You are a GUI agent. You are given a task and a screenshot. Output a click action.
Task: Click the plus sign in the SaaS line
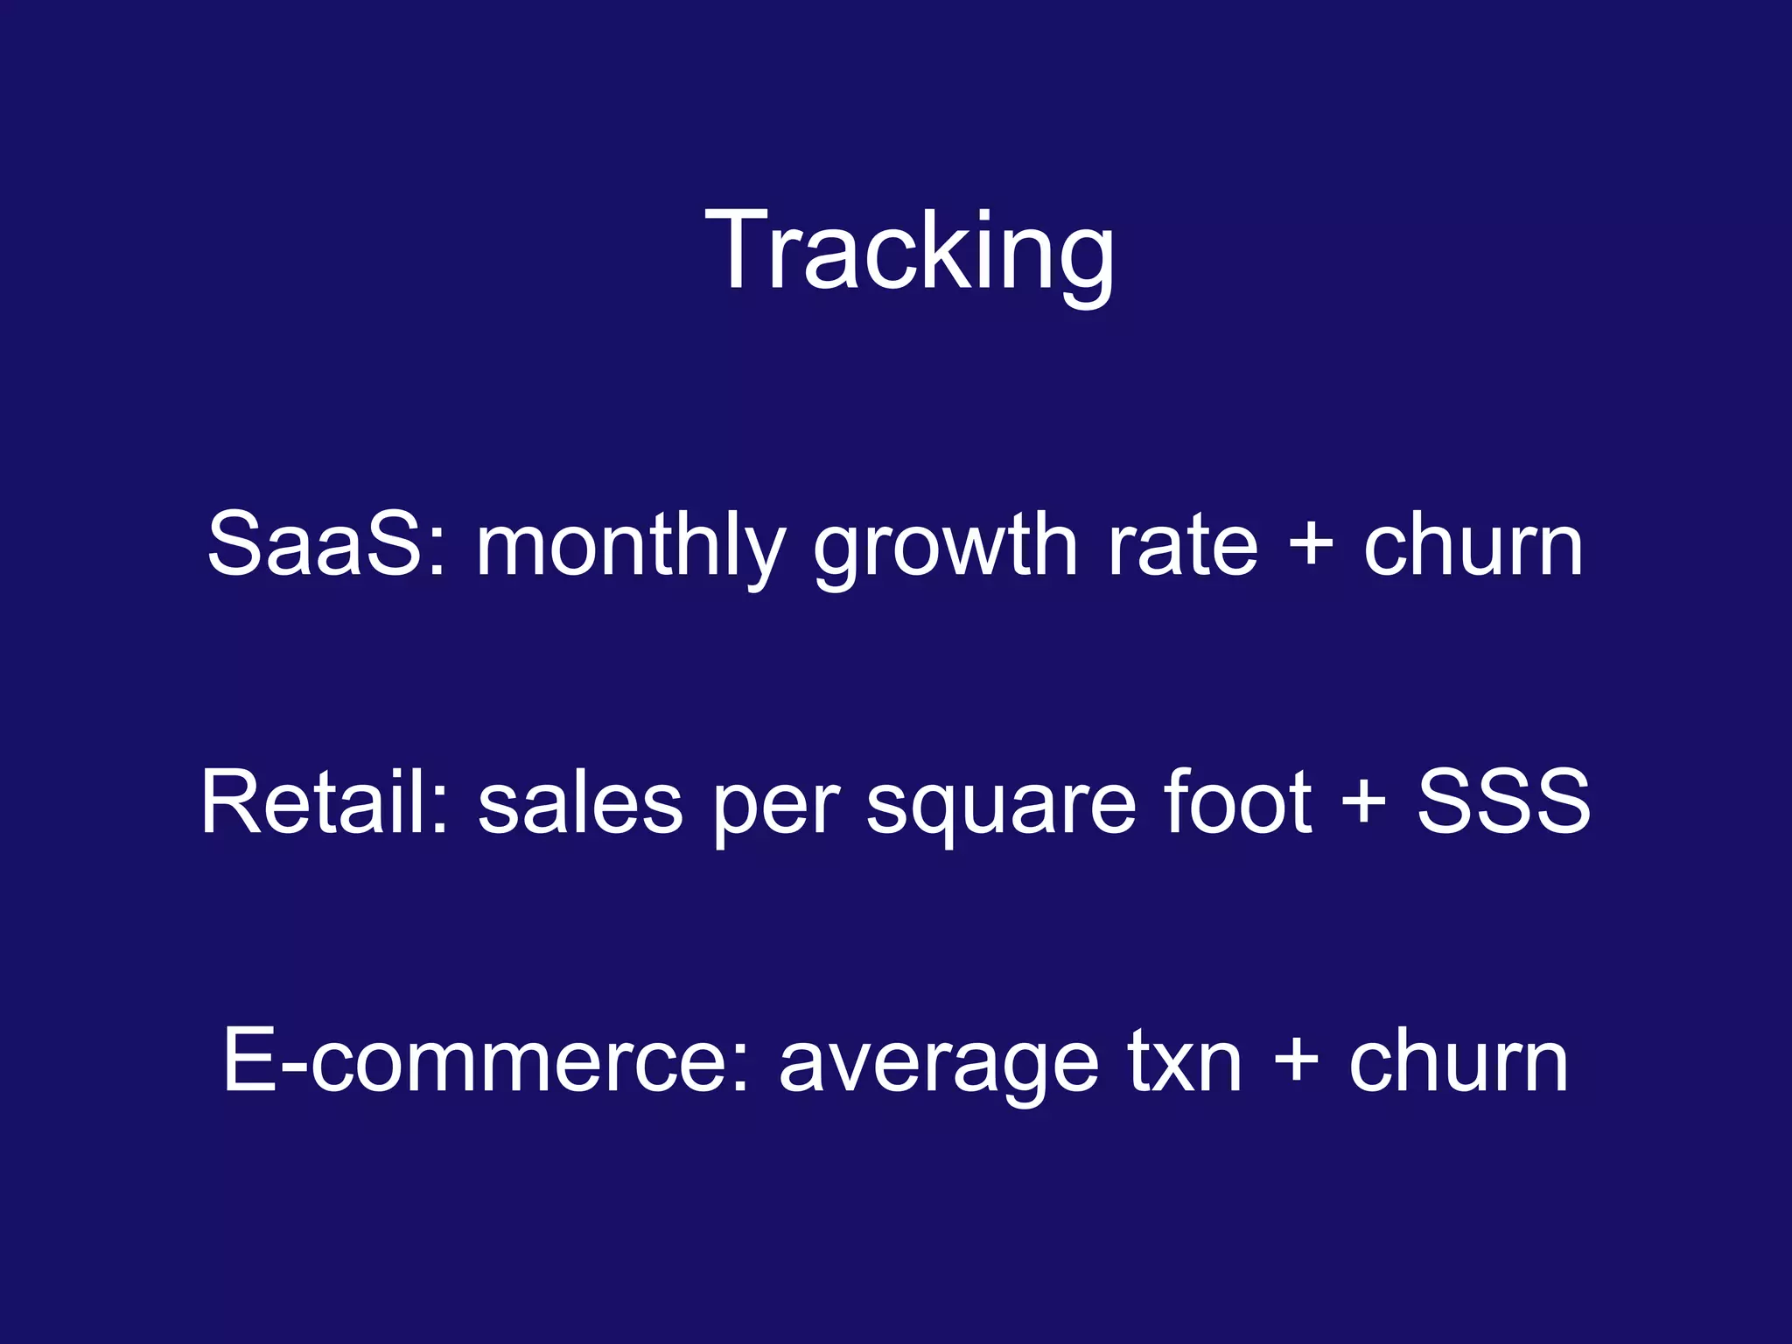pyautogui.click(x=1311, y=544)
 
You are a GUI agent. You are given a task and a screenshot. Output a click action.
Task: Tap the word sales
pyautogui.click(x=580, y=803)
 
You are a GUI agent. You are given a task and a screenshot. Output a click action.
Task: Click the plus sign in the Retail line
pyautogui.click(x=1363, y=801)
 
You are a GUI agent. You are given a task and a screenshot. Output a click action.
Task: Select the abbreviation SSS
pyautogui.click(x=1503, y=801)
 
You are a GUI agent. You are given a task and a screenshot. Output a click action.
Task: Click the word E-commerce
pyautogui.click(x=477, y=1060)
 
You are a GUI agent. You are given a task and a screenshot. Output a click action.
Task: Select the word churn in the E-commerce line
pyautogui.click(x=1459, y=1060)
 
